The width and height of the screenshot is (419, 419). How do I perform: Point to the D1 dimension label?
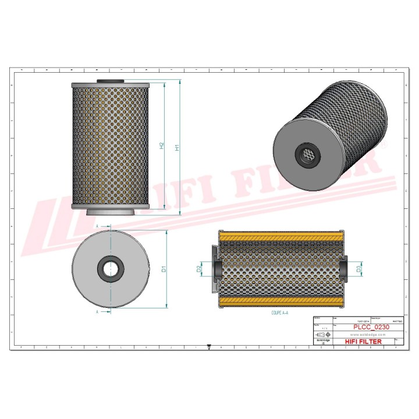click(164, 269)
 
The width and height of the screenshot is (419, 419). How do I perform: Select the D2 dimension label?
click(200, 269)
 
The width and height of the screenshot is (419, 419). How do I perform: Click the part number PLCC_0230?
click(371, 328)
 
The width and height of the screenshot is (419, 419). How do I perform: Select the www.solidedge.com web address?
click(361, 335)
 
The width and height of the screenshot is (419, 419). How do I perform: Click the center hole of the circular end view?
click(111, 269)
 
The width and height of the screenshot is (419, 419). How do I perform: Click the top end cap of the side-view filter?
click(110, 86)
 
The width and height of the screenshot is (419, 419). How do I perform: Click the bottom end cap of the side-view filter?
click(110, 207)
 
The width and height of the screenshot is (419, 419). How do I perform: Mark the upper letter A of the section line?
click(97, 226)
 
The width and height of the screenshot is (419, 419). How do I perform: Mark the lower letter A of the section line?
click(97, 312)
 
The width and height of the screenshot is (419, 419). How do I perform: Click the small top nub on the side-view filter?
click(110, 81)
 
